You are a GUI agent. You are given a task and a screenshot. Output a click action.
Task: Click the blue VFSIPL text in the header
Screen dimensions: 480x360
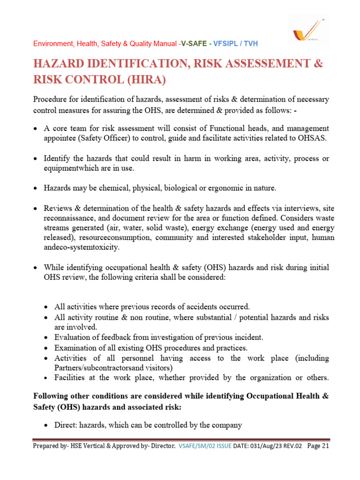226,44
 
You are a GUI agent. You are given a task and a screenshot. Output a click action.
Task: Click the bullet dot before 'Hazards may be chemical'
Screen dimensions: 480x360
36,188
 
